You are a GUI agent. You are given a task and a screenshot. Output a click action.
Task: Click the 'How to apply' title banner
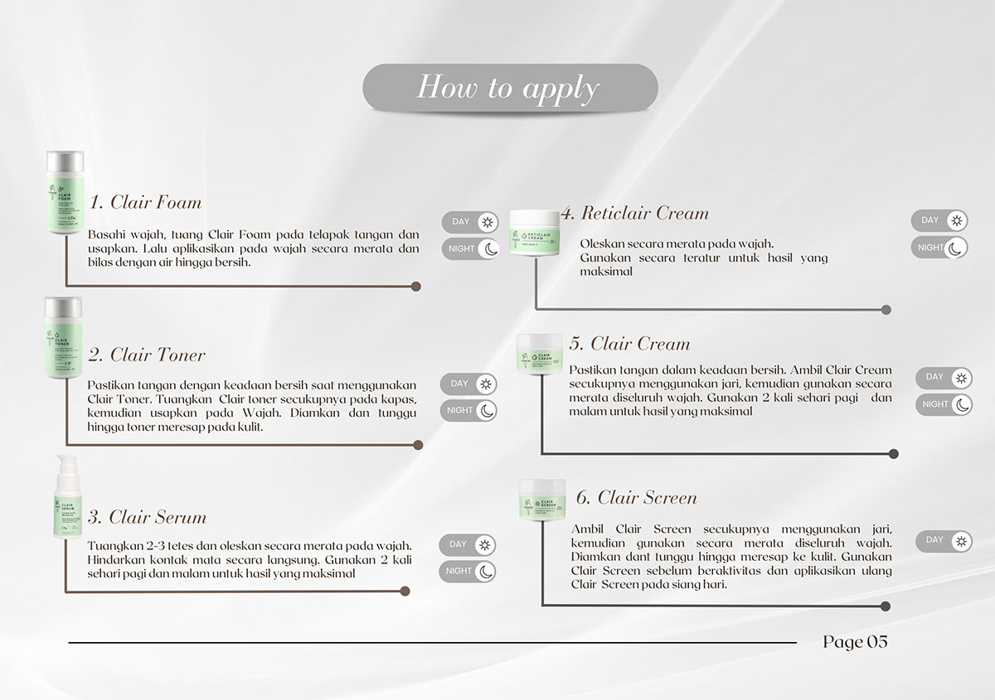(x=509, y=87)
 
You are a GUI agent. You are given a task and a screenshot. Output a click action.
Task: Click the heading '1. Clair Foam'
(x=145, y=202)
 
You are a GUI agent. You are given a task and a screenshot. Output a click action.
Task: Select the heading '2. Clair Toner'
(x=147, y=355)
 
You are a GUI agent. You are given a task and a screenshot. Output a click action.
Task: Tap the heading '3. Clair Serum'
(x=147, y=517)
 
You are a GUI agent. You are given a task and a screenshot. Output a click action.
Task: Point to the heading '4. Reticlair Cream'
(x=634, y=213)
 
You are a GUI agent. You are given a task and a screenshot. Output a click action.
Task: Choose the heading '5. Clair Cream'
(x=629, y=344)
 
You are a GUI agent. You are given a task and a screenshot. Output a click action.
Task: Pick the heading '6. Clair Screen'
(x=636, y=497)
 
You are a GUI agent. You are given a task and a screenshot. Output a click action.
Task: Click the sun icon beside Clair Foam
(x=488, y=222)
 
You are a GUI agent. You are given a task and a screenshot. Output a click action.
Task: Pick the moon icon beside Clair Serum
(x=486, y=571)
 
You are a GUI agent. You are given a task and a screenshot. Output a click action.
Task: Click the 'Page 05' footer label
(x=855, y=642)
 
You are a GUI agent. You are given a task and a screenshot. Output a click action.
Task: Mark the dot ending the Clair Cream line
(x=893, y=454)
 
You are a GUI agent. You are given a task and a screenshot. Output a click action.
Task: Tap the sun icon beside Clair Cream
(x=961, y=378)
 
